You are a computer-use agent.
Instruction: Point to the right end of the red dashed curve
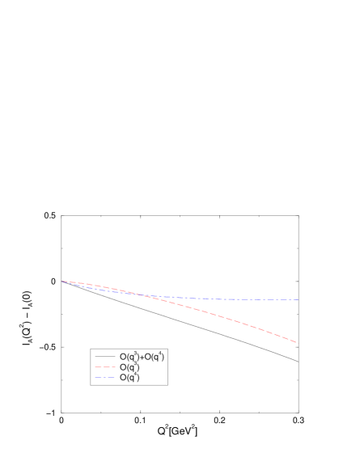pos(296,342)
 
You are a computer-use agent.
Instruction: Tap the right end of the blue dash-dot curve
pos(299,299)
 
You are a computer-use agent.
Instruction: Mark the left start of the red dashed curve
pos(63,282)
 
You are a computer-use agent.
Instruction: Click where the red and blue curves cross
pos(144,295)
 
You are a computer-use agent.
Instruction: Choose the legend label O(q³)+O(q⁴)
pos(142,357)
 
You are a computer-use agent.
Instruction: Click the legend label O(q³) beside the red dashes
pos(129,367)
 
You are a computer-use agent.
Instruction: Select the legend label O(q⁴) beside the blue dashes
pos(129,378)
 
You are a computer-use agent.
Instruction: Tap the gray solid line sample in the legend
pos(105,357)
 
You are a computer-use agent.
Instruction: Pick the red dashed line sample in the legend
pos(105,367)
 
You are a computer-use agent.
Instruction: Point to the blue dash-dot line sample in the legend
pos(105,378)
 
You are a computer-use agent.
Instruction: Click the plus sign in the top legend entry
pos(142,357)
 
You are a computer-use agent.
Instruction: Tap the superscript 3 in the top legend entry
pos(136,354)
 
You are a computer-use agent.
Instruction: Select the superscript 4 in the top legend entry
pos(161,354)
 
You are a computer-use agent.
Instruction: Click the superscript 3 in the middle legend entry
pos(136,364)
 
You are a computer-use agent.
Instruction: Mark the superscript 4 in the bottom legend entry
pos(136,375)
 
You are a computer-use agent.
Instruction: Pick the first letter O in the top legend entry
pos(123,357)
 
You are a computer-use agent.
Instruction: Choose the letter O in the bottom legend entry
pos(123,378)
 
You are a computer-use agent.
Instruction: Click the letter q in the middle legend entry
pos(132,368)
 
